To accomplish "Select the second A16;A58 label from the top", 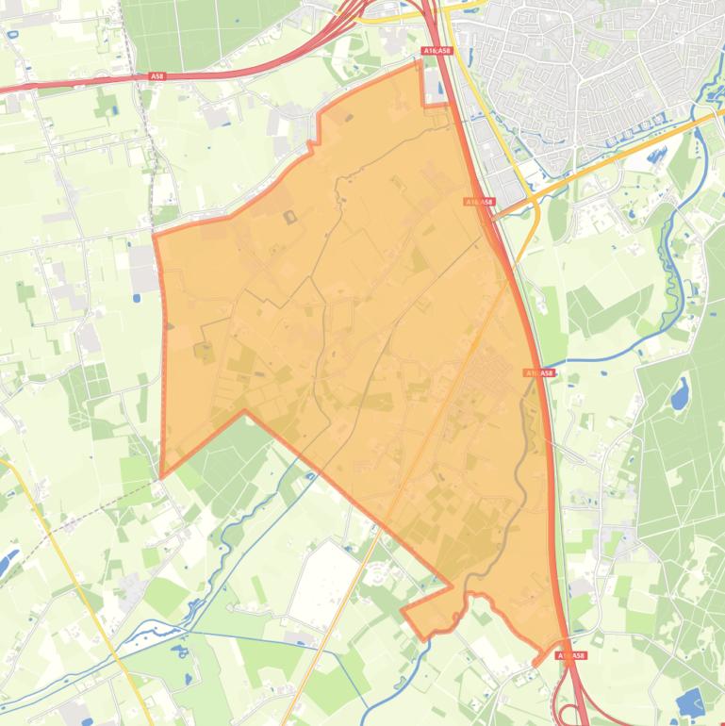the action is (x=479, y=202).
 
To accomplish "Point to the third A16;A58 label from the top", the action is (x=539, y=373).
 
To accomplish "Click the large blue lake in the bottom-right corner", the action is (x=690, y=702).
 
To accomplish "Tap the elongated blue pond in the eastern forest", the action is (x=679, y=393).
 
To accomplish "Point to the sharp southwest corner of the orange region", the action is (x=162, y=475).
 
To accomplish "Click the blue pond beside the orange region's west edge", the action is (x=138, y=298).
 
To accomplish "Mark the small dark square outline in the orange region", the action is (x=288, y=218).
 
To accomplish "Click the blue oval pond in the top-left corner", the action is (x=12, y=35).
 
